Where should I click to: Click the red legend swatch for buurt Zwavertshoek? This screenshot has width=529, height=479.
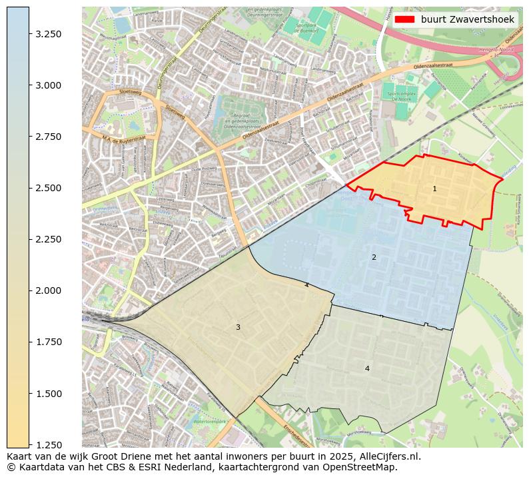tap(404, 20)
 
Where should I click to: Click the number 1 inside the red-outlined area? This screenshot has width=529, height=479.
tap(434, 189)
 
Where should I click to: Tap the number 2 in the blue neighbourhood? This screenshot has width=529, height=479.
tap(374, 257)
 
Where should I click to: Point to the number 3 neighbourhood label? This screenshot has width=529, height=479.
tap(238, 327)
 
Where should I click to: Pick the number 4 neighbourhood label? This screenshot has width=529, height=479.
tap(366, 368)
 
